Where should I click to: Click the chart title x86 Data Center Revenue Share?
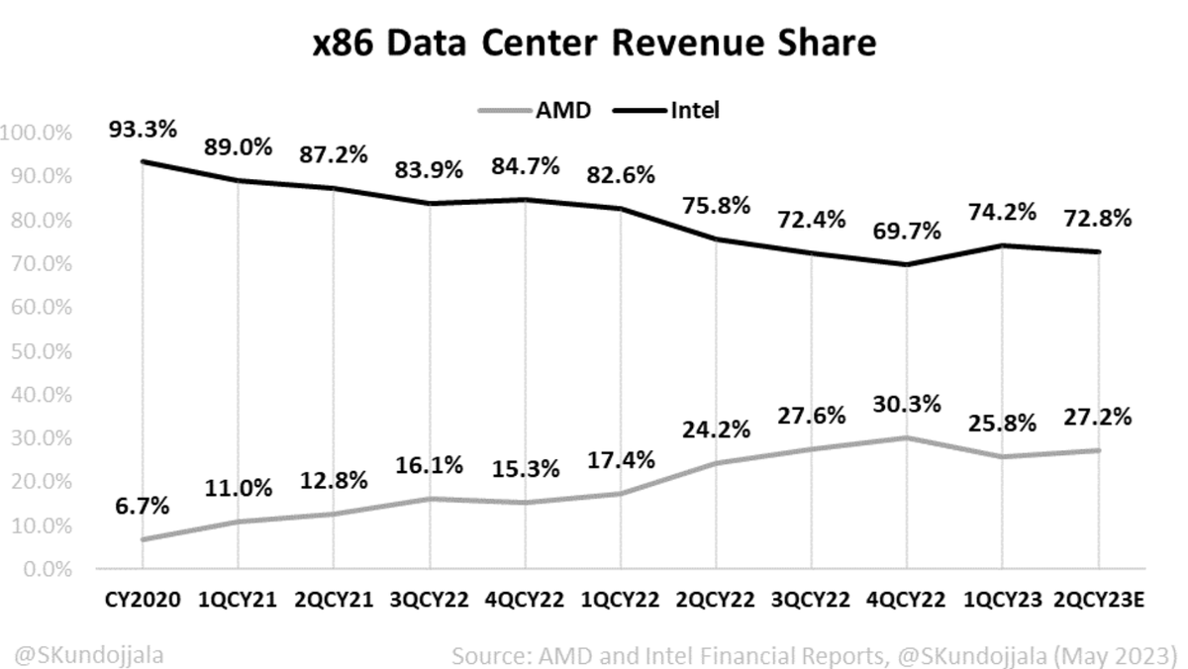tap(593, 45)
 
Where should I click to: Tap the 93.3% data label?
tap(142, 130)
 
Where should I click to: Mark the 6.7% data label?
tap(142, 507)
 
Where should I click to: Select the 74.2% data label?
tap(1001, 212)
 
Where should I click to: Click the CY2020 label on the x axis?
tap(142, 601)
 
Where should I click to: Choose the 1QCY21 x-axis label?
tap(238, 601)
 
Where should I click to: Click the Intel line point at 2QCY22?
tap(716, 239)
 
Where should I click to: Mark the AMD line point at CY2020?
tap(142, 540)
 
